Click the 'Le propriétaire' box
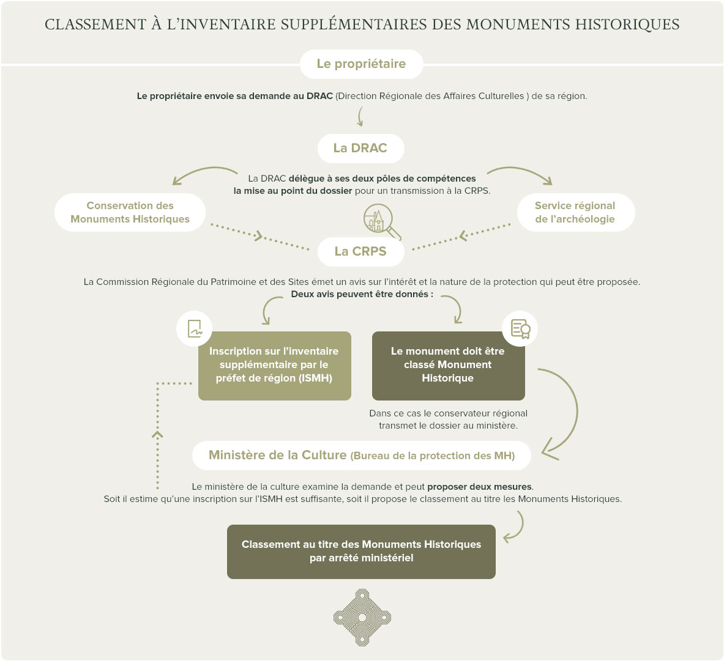point(361,64)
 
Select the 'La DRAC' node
point(360,148)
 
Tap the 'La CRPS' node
point(360,251)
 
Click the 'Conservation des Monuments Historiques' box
point(130,212)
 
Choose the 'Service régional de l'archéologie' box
point(575,212)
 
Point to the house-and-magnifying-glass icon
point(381,221)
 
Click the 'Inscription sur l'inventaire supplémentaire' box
point(274,365)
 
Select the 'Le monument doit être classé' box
point(448,365)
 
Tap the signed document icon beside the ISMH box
point(195,328)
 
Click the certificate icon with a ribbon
point(520,328)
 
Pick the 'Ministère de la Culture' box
point(361,456)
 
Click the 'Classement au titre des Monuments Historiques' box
point(361,551)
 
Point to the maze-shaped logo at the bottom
point(362,618)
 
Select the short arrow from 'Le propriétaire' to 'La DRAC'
point(360,116)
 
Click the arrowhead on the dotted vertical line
point(157,434)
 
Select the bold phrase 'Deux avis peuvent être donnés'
point(361,294)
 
